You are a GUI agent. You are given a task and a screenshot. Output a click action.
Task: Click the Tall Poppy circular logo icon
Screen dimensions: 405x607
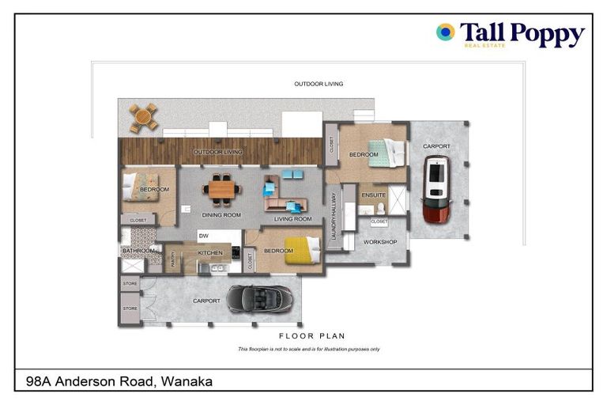click(x=445, y=32)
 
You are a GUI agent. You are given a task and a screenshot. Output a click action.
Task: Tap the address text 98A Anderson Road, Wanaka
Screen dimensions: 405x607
click(x=114, y=381)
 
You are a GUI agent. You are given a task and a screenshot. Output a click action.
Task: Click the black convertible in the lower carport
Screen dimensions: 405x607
click(x=259, y=298)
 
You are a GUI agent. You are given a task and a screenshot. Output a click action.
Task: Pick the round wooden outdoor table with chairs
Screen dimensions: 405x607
click(x=144, y=117)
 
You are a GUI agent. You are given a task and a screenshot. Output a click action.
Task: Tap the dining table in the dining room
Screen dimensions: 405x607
click(x=222, y=190)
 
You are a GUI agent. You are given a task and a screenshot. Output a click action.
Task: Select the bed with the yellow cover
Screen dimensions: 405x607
click(x=301, y=250)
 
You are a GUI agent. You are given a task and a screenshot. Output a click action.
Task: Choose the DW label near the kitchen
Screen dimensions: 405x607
click(x=203, y=236)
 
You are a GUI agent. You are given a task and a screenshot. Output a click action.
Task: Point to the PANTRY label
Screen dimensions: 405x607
click(x=172, y=259)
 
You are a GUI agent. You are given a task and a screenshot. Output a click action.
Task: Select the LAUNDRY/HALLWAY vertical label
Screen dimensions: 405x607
click(x=334, y=215)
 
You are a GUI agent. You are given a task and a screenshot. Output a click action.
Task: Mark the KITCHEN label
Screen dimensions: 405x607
click(x=210, y=253)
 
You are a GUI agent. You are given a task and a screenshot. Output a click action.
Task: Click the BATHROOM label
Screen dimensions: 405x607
click(x=137, y=252)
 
